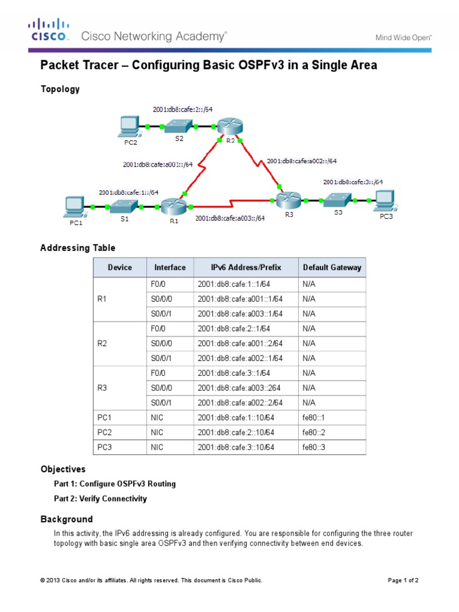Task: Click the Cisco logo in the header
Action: pyautogui.click(x=49, y=30)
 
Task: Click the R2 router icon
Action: pyautogui.click(x=228, y=126)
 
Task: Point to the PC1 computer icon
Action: pyautogui.click(x=73, y=206)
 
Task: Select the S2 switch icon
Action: pyautogui.click(x=178, y=126)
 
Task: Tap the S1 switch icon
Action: pyautogui.click(x=124, y=206)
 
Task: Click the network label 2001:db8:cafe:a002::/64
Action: pyautogui.click(x=301, y=161)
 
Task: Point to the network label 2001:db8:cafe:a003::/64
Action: pyautogui.click(x=230, y=219)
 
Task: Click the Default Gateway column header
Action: pyautogui.click(x=332, y=267)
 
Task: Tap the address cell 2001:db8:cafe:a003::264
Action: pyautogui.click(x=240, y=387)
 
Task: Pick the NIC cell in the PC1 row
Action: pyautogui.click(x=157, y=417)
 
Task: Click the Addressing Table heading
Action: pyautogui.click(x=78, y=247)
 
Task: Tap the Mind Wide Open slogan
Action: pyautogui.click(x=403, y=37)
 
